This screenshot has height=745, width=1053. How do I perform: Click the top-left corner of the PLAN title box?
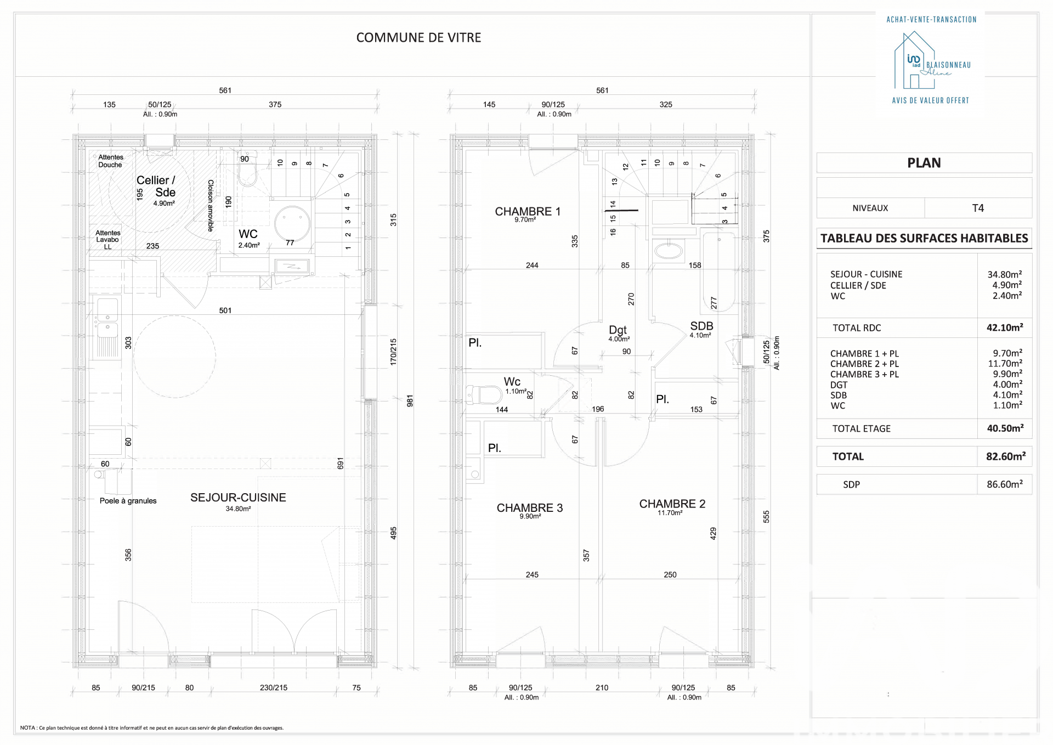pyautogui.click(x=817, y=153)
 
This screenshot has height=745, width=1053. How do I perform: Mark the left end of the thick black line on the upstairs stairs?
pyautogui.click(x=604, y=210)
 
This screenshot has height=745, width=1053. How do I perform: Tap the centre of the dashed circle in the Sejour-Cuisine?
pyautogui.click(x=174, y=356)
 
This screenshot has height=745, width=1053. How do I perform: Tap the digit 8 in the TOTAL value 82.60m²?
pyautogui.click(x=990, y=456)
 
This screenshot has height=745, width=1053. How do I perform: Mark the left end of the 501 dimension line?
pyautogui.click(x=89, y=315)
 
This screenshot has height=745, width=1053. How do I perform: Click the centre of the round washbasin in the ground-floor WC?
pyautogui.click(x=292, y=224)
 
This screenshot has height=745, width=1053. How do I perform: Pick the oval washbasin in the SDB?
pyautogui.click(x=667, y=251)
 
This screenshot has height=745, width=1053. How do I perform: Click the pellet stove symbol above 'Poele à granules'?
pyautogui.click(x=115, y=481)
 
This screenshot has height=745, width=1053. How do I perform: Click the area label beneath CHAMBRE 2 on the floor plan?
pyautogui.click(x=670, y=513)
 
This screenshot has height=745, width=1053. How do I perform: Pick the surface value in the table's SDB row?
pyautogui.click(x=1007, y=395)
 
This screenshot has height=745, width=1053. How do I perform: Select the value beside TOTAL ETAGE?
pyautogui.click(x=1005, y=428)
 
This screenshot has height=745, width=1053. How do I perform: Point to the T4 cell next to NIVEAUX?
pyautogui.click(x=978, y=208)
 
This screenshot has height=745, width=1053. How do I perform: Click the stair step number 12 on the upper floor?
pyautogui.click(x=625, y=167)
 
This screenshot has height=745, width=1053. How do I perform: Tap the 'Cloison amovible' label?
pyautogui.click(x=211, y=206)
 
